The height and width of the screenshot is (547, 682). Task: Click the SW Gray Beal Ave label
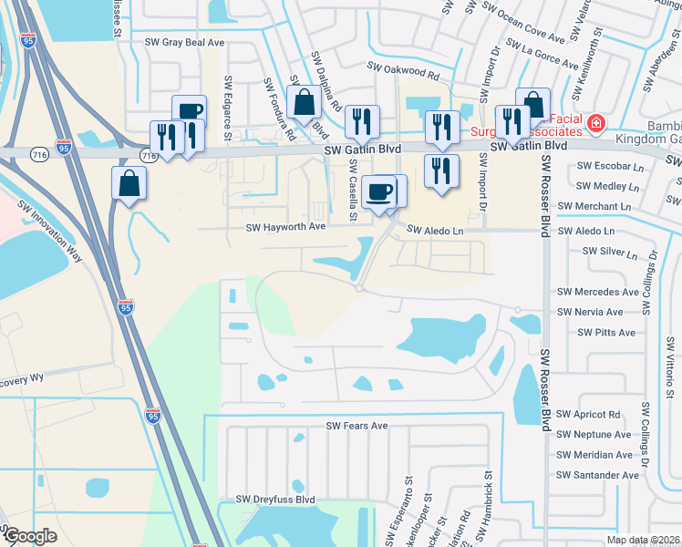coord(183,42)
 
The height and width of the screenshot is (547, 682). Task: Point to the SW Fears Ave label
coord(357,426)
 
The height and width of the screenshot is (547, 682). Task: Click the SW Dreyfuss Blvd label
coord(274,499)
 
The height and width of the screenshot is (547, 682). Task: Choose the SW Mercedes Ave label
coord(597,293)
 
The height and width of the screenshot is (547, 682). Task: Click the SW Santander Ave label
coord(597,475)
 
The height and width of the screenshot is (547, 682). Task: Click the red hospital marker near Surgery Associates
coord(596,123)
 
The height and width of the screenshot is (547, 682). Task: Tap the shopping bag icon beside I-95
coord(129,182)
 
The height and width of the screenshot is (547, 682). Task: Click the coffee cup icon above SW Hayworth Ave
coord(378,191)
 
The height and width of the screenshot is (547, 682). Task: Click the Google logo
coord(30,536)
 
